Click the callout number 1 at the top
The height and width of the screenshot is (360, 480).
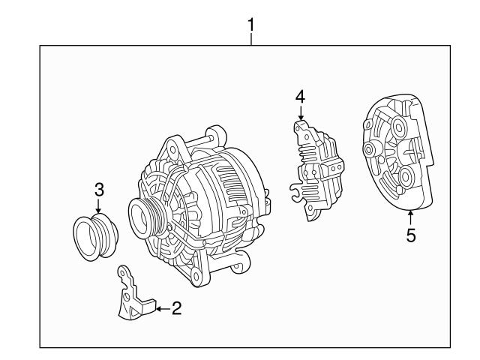pos(252,25)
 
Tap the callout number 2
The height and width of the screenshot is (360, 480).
pos(176,307)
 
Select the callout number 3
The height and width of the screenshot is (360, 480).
pos(98,189)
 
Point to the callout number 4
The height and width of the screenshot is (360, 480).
pos(300,97)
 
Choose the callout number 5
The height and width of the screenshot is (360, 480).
pos(411,235)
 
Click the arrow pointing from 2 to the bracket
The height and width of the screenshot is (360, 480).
pos(162,307)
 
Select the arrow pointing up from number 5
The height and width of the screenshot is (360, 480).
pos(411,216)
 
